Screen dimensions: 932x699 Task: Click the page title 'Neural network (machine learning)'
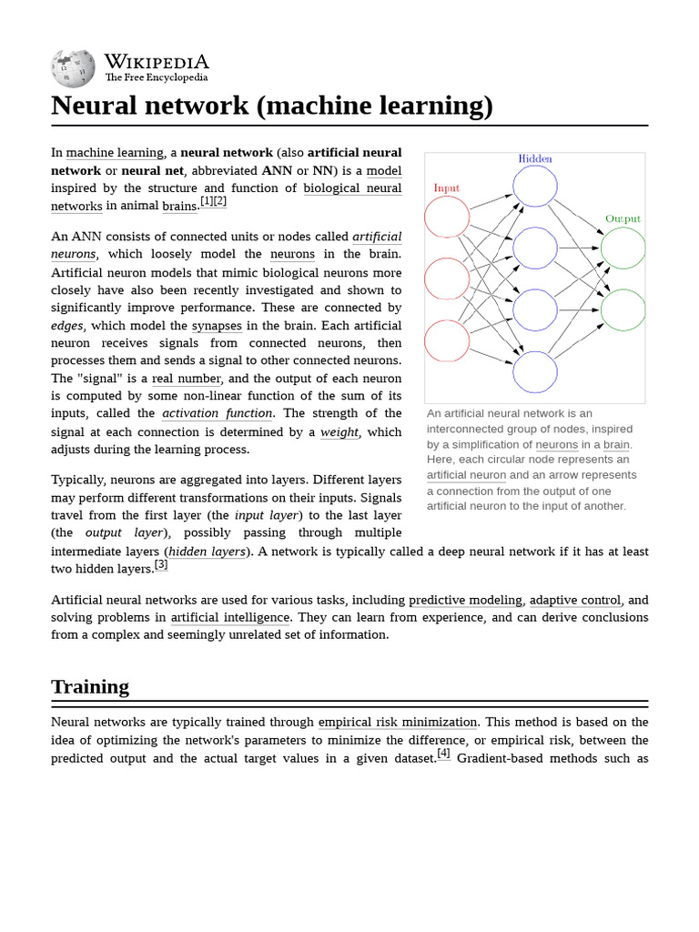(x=272, y=106)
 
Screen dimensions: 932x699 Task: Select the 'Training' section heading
(x=90, y=686)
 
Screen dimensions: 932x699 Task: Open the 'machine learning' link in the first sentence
(x=115, y=153)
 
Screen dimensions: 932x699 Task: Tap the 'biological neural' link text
(x=352, y=188)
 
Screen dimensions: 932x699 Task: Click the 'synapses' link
(x=217, y=326)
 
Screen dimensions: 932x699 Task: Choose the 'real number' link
(x=187, y=379)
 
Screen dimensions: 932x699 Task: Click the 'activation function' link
(x=218, y=413)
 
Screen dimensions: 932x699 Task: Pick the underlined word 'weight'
(x=339, y=431)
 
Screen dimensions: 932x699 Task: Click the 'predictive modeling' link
(x=465, y=600)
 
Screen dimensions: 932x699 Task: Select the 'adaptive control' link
(x=575, y=600)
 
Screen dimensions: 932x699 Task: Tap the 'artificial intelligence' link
(x=230, y=618)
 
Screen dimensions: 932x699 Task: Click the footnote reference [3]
(x=161, y=564)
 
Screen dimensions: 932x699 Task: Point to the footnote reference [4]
(x=443, y=754)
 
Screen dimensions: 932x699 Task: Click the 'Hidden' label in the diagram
(x=535, y=158)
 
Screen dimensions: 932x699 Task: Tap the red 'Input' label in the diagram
(x=446, y=188)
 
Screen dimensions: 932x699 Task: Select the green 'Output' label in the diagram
(x=623, y=219)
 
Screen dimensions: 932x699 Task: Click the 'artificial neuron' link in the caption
(x=466, y=475)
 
